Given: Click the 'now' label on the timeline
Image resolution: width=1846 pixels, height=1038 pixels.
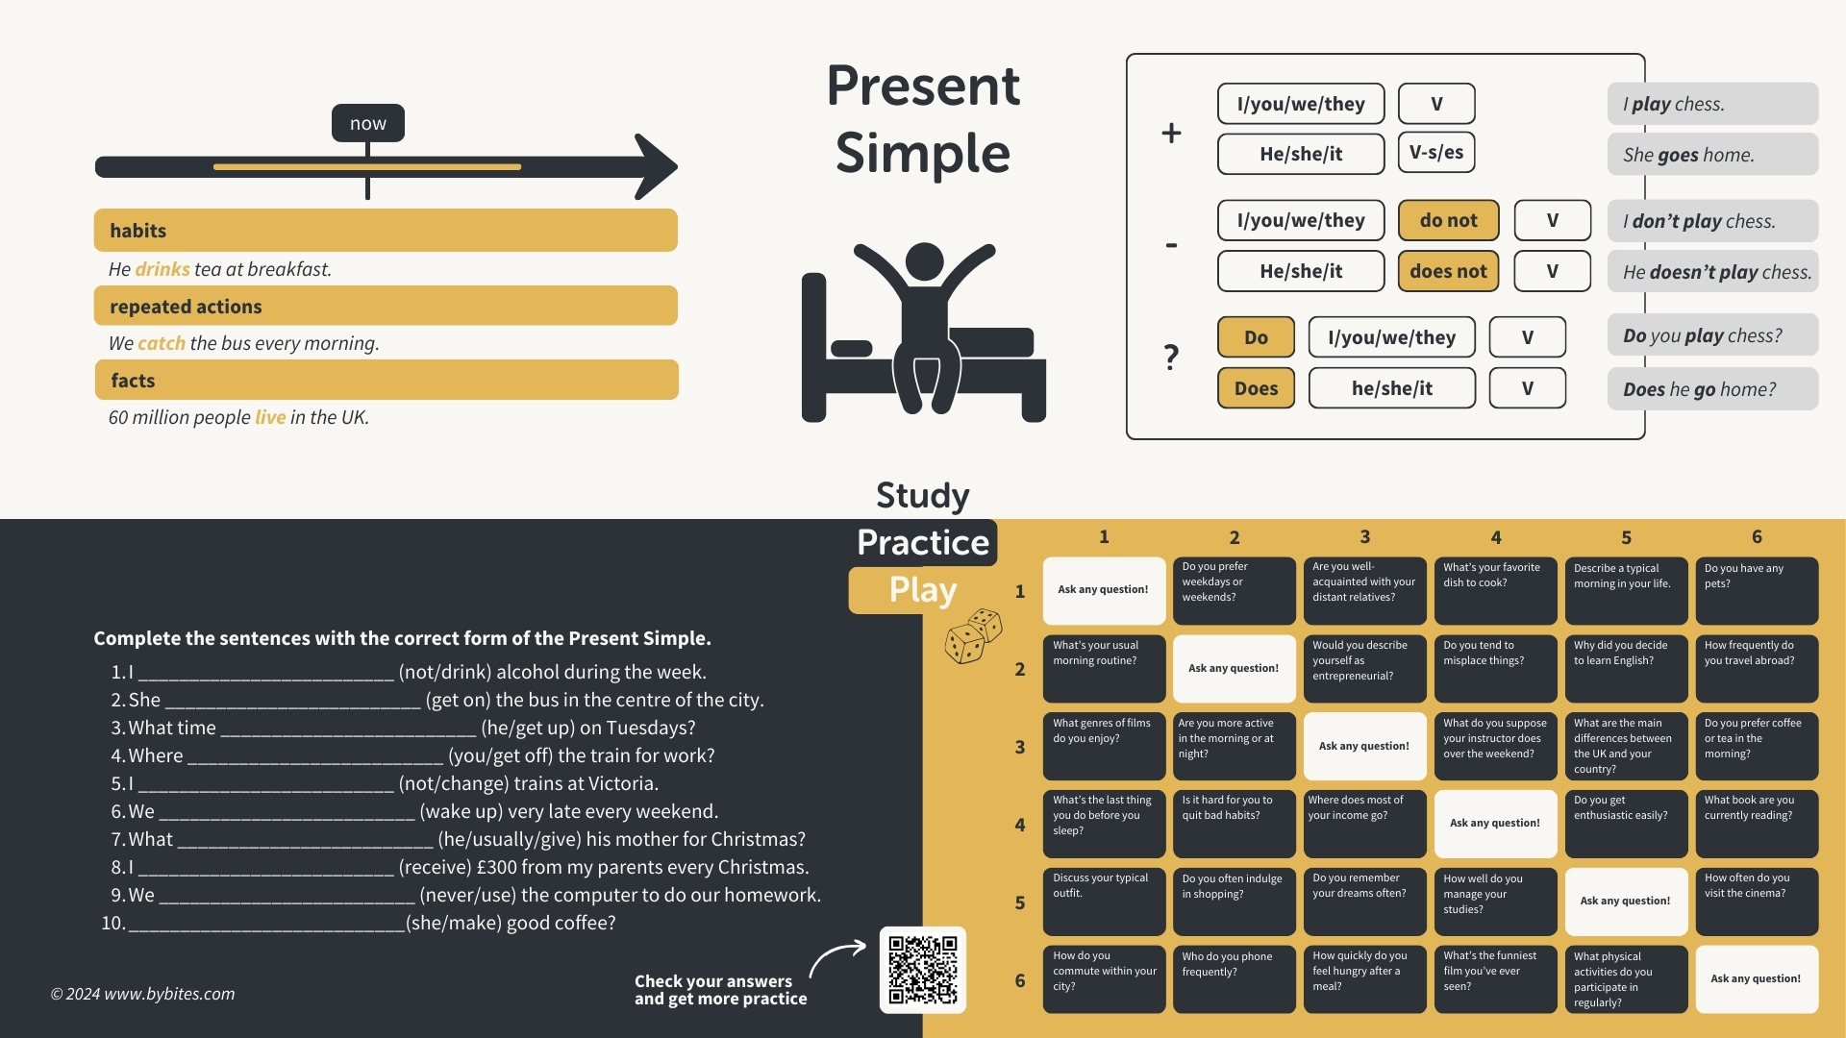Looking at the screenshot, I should click(367, 123).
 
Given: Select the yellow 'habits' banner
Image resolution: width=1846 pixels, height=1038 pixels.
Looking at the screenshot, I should click(386, 231).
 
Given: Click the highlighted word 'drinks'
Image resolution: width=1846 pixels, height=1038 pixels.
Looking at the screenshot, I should click(162, 269).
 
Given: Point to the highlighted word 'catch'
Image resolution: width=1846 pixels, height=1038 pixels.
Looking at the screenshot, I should click(162, 343).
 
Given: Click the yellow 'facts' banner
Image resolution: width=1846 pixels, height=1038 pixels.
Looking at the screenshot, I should click(386, 381).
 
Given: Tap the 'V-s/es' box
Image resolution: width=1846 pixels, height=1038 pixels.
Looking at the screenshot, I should click(1435, 152).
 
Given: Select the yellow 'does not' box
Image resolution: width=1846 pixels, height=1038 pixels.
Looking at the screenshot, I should click(1448, 271).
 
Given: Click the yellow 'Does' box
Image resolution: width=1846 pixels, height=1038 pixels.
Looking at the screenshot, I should click(1256, 388).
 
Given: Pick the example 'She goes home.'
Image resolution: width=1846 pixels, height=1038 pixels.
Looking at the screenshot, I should click(1711, 155).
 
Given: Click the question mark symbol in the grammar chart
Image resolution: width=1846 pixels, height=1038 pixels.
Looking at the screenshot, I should click(1171, 358).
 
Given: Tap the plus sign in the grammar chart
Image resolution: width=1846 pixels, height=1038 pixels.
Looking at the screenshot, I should click(1171, 133).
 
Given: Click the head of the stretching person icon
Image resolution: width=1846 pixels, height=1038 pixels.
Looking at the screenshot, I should click(924, 260).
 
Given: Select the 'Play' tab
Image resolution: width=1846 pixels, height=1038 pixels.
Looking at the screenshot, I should click(922, 589).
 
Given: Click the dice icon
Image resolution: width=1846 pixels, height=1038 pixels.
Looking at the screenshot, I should click(973, 635).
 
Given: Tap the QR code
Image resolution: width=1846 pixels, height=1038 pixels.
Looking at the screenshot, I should click(922, 970).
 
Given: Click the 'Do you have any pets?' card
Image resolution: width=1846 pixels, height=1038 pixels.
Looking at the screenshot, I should click(1756, 590).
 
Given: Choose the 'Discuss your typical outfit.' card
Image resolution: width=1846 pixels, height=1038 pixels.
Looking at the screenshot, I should click(1104, 902).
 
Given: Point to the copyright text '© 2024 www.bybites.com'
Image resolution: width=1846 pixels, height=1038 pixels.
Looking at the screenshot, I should click(142, 994).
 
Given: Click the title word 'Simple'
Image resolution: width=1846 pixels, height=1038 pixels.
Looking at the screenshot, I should click(922, 154).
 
